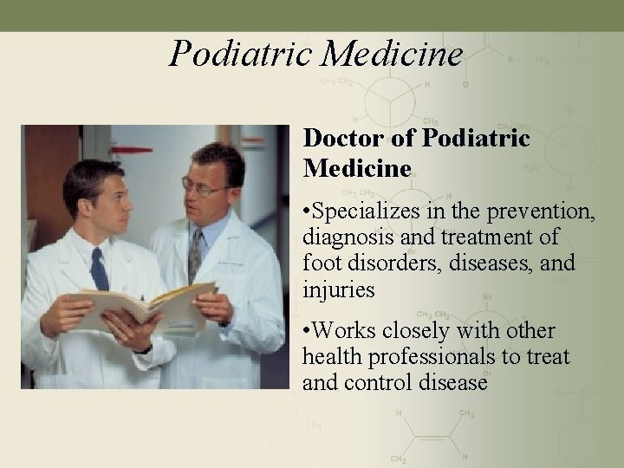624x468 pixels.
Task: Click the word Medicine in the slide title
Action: pyautogui.click(x=393, y=54)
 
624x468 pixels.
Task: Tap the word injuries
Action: pyautogui.click(x=339, y=289)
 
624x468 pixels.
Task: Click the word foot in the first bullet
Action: pyautogui.click(x=318, y=263)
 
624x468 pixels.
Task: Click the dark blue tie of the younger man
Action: pyautogui.click(x=99, y=270)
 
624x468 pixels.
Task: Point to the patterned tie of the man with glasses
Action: pyautogui.click(x=195, y=255)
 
